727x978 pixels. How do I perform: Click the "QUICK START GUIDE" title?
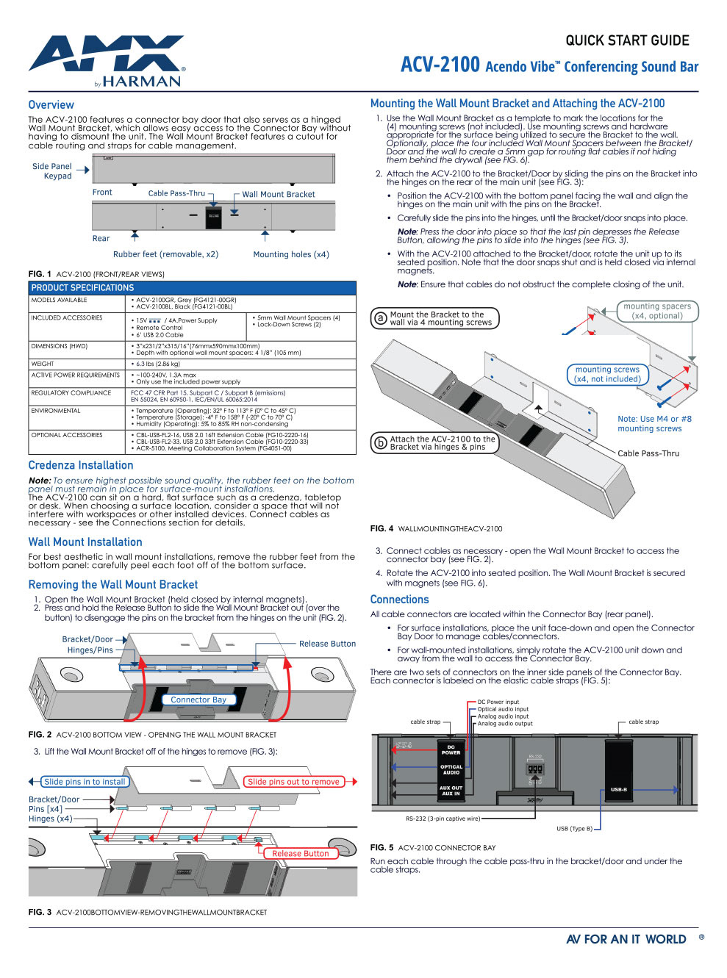coord(627,40)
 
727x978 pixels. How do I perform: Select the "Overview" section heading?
coord(51,105)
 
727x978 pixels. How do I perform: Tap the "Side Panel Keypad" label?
coord(52,171)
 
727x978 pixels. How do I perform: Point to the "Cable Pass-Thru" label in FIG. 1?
coord(176,193)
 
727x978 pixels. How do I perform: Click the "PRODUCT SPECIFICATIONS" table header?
coord(82,288)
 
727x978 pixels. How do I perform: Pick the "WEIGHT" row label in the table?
coord(43,364)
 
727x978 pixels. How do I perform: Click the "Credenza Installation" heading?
coord(81,465)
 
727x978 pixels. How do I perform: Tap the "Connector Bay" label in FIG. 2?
coord(198,700)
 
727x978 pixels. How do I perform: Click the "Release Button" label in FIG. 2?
coord(327,644)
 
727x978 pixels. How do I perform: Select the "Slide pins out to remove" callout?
coord(293,782)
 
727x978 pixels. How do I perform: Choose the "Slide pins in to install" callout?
coord(85,782)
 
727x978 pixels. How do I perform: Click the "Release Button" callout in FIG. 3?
coord(301,853)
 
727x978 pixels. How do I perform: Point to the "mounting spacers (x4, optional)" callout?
coord(657,311)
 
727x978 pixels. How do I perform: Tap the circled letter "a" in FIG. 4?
coord(380,318)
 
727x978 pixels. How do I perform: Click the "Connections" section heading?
coord(399,600)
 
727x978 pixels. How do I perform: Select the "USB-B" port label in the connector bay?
coord(619,789)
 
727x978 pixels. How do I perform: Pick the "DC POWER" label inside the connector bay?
coord(451,749)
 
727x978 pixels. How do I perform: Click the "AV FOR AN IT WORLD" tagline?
coord(626,939)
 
